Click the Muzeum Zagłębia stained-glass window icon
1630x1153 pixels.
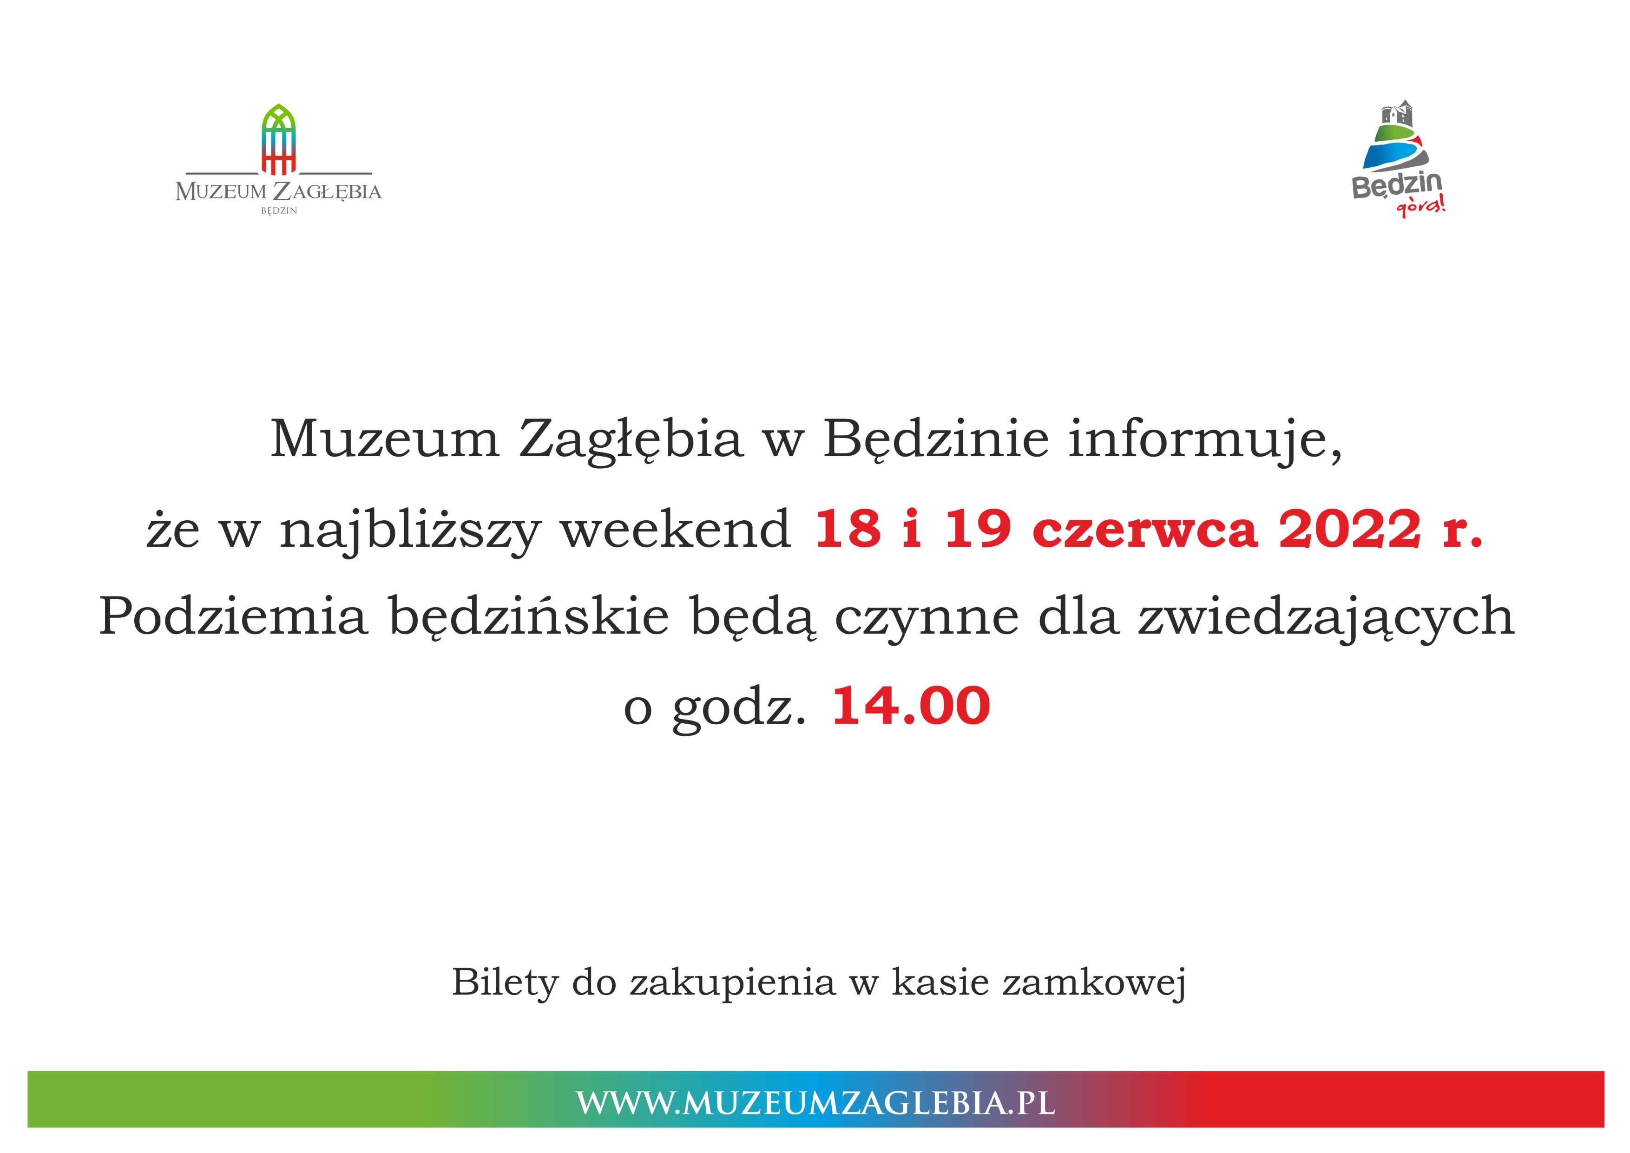(x=278, y=139)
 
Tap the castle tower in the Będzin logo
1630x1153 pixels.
(x=1396, y=115)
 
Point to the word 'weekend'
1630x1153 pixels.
(x=676, y=529)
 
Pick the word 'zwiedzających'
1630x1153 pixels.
(x=1326, y=618)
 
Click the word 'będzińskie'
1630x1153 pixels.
(x=529, y=617)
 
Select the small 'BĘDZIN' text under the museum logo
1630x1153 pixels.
(x=279, y=211)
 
